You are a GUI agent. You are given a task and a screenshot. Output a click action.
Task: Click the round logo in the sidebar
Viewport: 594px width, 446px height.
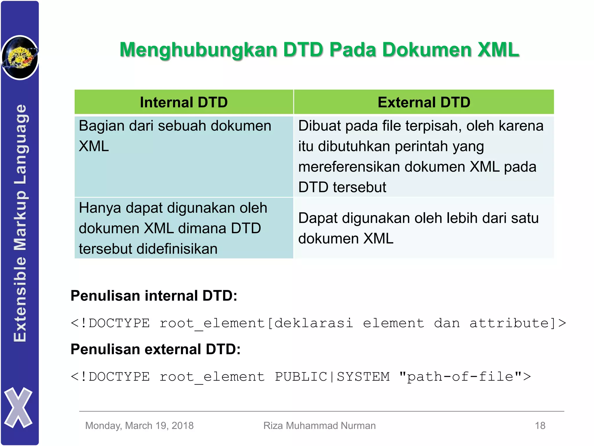click(x=20, y=57)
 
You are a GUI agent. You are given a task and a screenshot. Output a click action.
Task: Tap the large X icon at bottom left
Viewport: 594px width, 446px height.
click(x=18, y=407)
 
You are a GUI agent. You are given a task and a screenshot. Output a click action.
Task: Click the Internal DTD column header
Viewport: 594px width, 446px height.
click(x=184, y=102)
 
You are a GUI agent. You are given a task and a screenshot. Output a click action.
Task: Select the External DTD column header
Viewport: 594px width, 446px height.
click(x=424, y=102)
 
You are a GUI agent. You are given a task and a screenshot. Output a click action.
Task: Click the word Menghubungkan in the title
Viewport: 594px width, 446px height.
click(x=198, y=50)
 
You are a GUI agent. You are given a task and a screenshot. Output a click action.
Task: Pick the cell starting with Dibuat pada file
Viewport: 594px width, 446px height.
click(x=424, y=156)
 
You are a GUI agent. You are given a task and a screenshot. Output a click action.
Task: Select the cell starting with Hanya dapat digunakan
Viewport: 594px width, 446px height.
click(x=184, y=228)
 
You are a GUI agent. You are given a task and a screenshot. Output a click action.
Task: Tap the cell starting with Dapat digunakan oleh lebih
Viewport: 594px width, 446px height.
click(x=424, y=228)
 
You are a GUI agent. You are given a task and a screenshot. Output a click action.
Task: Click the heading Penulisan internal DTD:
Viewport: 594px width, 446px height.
click(x=154, y=296)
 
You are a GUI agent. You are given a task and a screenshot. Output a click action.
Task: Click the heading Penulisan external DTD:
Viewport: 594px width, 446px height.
click(x=155, y=349)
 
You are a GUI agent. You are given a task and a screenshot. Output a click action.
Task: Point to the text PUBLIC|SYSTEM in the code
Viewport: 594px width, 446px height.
click(x=332, y=377)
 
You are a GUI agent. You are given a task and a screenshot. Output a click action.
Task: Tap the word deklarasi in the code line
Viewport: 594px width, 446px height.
click(x=314, y=323)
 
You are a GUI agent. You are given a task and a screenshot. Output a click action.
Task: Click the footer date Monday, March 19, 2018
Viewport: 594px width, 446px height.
click(x=139, y=426)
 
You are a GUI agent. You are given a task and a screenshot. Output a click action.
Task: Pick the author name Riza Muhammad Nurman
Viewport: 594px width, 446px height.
click(x=319, y=426)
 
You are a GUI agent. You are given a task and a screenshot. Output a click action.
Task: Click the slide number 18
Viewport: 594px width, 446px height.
click(x=540, y=426)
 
